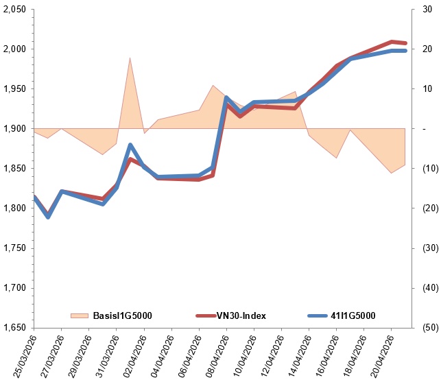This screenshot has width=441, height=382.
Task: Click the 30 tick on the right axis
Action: pyautogui.click(x=426, y=10)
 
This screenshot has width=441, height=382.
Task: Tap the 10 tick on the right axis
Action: pyautogui.click(x=426, y=89)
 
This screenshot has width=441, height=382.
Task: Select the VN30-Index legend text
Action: pyautogui.click(x=241, y=315)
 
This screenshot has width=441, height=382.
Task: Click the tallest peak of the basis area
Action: pyautogui.click(x=130, y=58)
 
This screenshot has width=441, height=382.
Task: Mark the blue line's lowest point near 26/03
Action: pyautogui.click(x=48, y=217)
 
